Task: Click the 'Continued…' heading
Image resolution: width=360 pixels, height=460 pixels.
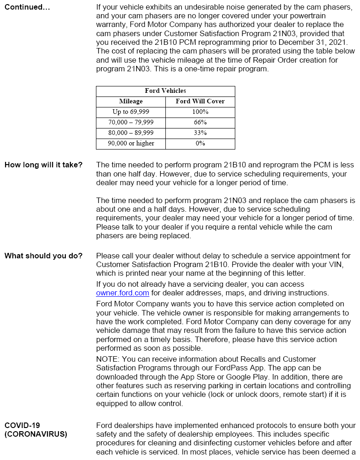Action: pyautogui.click(x=27, y=7)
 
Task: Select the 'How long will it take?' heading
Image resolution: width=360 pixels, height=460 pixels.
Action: pyautogui.click(x=43, y=165)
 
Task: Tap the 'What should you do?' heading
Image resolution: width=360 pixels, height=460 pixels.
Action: pyautogui.click(x=43, y=256)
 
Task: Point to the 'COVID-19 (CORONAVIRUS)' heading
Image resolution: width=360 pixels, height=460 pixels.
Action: pyautogui.click(x=36, y=430)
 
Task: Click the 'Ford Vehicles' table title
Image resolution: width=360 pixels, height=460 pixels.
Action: pyautogui.click(x=165, y=91)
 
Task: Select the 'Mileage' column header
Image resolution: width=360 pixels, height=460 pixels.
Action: pyautogui.click(x=131, y=102)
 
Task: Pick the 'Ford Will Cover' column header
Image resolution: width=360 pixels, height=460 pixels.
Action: pyautogui.click(x=200, y=102)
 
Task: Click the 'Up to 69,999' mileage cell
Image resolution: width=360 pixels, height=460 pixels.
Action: pyautogui.click(x=131, y=112)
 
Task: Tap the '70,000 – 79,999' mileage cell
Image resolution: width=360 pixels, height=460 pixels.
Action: pyautogui.click(x=131, y=123)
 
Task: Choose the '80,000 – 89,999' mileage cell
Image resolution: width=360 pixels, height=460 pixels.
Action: pyautogui.click(x=131, y=133)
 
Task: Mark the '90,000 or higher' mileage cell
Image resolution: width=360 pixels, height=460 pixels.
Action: pyautogui.click(x=131, y=144)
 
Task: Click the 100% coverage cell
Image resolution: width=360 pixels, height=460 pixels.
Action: pyautogui.click(x=200, y=112)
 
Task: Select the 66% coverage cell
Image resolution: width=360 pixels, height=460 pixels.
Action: pyautogui.click(x=200, y=123)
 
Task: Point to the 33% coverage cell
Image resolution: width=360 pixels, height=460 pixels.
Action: pyautogui.click(x=200, y=133)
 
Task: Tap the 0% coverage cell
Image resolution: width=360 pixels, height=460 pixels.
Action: pyautogui.click(x=200, y=144)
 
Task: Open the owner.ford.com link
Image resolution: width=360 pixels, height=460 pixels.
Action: pyautogui.click(x=122, y=293)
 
